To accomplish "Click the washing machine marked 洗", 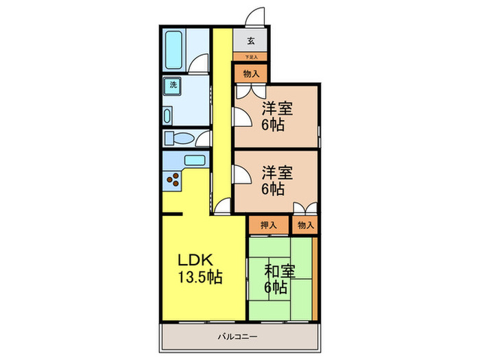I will click(x=173, y=86).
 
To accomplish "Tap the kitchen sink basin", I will click(x=194, y=160).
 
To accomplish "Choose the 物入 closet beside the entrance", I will click(x=251, y=73).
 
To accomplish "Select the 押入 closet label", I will click(x=269, y=224).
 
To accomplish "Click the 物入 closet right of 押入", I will click(x=305, y=224).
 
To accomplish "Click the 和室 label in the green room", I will click(x=280, y=271).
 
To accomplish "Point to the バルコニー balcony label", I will click(x=238, y=337).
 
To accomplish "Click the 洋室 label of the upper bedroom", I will click(x=277, y=108).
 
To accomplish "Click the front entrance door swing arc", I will click(x=256, y=15).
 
